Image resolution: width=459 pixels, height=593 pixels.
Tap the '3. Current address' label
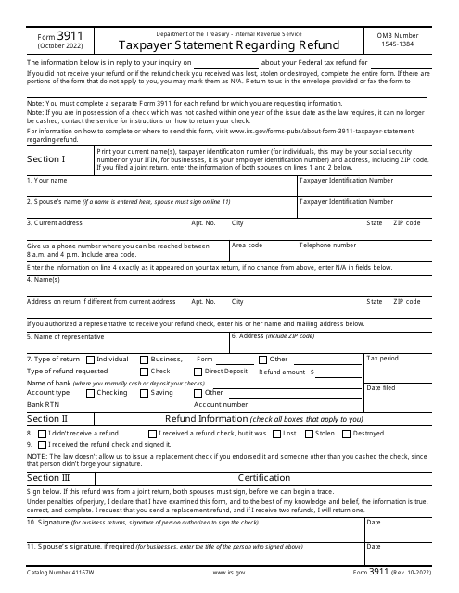tap(56, 222)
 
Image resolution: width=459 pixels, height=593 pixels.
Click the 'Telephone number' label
tap(327, 246)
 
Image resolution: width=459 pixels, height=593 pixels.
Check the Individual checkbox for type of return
tap(91, 359)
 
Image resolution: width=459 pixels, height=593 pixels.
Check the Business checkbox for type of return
tap(144, 359)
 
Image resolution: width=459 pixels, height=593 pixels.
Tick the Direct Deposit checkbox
tap(198, 371)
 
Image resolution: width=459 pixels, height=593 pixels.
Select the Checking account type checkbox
tap(91, 392)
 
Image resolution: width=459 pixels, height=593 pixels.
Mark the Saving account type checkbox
tap(144, 392)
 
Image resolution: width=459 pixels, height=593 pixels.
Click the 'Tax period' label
tap(383, 358)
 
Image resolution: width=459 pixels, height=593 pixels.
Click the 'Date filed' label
tap(382, 388)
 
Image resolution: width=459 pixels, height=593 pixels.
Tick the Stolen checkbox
tap(310, 433)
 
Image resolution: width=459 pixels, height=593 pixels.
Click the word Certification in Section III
tap(264, 477)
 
